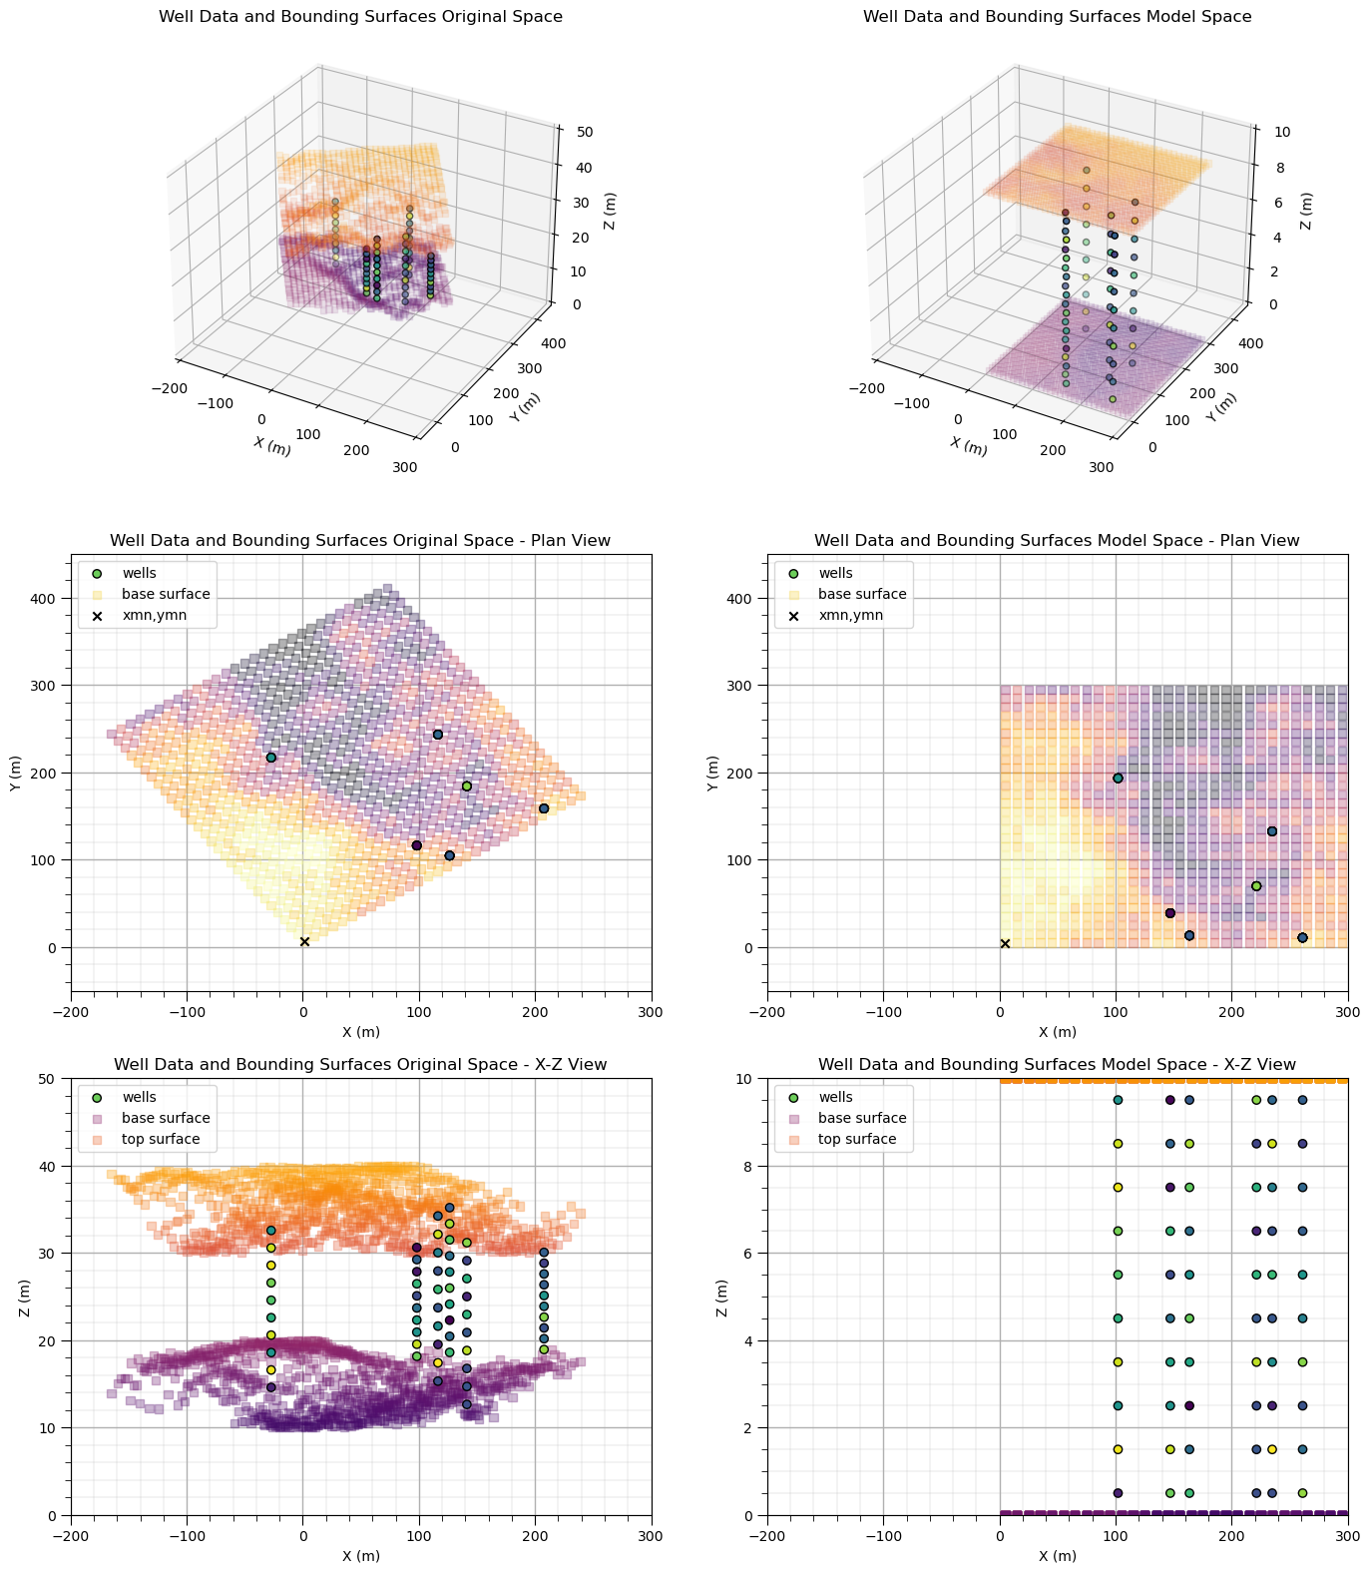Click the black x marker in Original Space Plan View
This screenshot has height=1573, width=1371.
tap(304, 941)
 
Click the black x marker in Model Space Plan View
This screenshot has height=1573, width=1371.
tap(1005, 943)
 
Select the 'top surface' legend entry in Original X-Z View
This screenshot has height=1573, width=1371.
tap(160, 1139)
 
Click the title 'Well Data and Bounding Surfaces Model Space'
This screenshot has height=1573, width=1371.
tap(1057, 17)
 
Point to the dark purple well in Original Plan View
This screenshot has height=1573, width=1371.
tap(416, 845)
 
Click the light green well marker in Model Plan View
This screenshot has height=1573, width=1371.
tap(1256, 886)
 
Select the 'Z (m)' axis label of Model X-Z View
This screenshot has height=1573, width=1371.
tap(723, 1297)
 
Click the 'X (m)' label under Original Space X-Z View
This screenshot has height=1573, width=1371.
tap(360, 1555)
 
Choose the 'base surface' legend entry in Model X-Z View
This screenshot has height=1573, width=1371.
tap(861, 1118)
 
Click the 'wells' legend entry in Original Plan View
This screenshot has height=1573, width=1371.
tap(139, 573)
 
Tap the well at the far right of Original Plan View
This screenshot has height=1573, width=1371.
tap(544, 808)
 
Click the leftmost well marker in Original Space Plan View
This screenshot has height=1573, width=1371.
tap(271, 758)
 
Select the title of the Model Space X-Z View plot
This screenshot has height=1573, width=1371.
tap(1057, 1065)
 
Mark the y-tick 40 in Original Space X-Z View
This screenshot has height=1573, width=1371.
tap(49, 1166)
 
